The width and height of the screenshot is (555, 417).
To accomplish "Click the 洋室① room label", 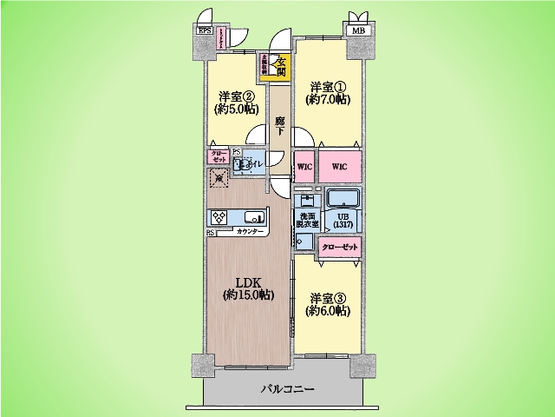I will (328, 93).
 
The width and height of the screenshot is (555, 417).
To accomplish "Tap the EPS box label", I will (205, 31).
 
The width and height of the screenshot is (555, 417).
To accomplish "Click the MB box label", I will (356, 31).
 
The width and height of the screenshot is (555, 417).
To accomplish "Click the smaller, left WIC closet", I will (304, 166).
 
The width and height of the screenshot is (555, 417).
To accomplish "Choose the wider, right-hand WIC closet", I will (339, 166).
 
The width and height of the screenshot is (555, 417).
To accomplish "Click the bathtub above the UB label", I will (342, 197).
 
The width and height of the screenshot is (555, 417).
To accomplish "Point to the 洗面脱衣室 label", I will (308, 220).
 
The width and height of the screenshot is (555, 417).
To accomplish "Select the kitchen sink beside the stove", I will (254, 217).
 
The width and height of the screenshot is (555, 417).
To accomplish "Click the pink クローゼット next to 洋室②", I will (218, 157).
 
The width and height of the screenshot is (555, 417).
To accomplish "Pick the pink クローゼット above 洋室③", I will (337, 248).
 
